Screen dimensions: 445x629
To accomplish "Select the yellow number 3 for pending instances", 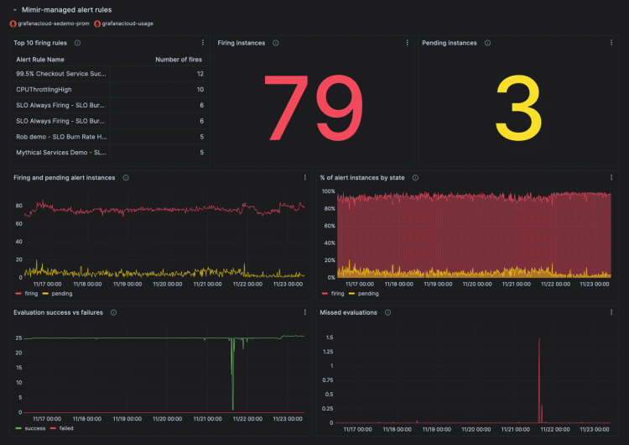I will coord(518,109).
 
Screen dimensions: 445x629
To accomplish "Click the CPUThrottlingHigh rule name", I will coord(44,89).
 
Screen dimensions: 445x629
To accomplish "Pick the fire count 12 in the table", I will coord(200,74).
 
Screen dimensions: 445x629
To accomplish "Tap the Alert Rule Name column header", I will coord(40,60).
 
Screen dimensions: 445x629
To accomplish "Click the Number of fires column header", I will coord(179,60).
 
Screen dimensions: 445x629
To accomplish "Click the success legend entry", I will coord(34,427).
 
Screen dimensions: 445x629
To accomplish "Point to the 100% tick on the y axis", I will coord(328,191).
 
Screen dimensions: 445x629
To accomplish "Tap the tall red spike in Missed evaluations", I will coord(538,378).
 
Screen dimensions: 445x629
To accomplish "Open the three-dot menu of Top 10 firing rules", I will coord(203,43).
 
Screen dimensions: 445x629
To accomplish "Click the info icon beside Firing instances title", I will coord(275,43).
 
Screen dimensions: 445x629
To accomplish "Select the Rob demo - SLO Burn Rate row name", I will coord(61,136).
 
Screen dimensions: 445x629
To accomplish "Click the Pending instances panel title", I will coord(450,43).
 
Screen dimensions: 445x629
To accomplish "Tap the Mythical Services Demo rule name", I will coord(61,152).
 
